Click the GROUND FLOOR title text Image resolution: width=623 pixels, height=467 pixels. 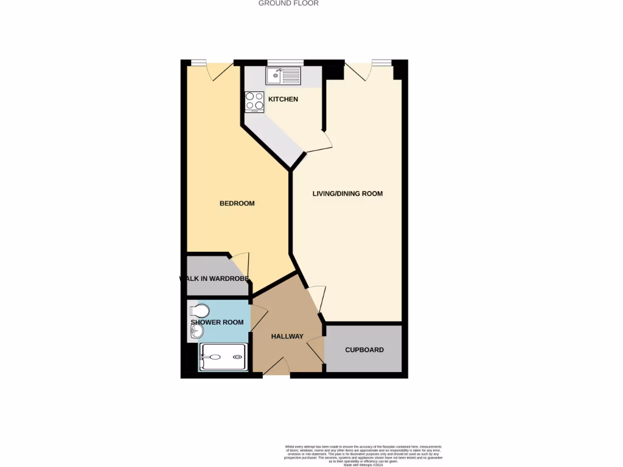click(x=288, y=3)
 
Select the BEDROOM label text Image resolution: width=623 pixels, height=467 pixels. click(x=237, y=203)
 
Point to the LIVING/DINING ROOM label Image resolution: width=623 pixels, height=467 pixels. click(x=347, y=193)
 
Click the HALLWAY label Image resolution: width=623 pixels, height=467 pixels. click(x=287, y=336)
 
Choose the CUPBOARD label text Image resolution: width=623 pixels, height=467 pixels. click(x=364, y=350)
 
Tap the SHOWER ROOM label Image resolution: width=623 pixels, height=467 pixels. click(x=217, y=322)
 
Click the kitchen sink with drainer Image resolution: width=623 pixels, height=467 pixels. click(x=283, y=76)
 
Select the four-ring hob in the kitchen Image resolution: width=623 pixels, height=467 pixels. click(x=254, y=102)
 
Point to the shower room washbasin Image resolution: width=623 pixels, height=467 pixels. click(x=195, y=332)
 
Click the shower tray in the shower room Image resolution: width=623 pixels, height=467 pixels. click(x=223, y=357)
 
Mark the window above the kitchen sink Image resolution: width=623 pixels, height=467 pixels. click(x=285, y=61)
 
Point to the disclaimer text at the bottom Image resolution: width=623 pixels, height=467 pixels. click(x=364, y=453)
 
